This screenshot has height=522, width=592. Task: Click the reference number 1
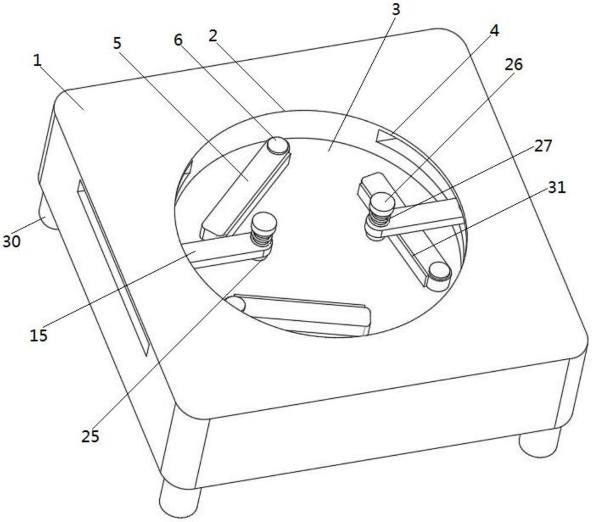(x=37, y=61)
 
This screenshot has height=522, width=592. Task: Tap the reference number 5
(x=117, y=43)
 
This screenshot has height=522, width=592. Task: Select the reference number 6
(x=178, y=39)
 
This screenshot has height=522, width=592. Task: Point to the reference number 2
(x=213, y=36)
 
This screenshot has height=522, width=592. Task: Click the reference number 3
(x=395, y=10)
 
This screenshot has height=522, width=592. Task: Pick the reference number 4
(x=494, y=31)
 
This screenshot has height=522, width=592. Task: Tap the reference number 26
(x=513, y=65)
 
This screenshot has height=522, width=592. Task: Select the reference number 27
(x=543, y=146)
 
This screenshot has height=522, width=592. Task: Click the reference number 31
(x=557, y=188)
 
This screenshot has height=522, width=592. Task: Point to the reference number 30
(x=12, y=241)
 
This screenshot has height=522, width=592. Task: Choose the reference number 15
(x=38, y=335)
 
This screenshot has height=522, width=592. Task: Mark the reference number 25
(x=90, y=436)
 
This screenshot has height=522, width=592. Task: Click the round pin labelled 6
(x=278, y=146)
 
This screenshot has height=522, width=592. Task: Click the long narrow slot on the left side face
(x=112, y=268)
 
